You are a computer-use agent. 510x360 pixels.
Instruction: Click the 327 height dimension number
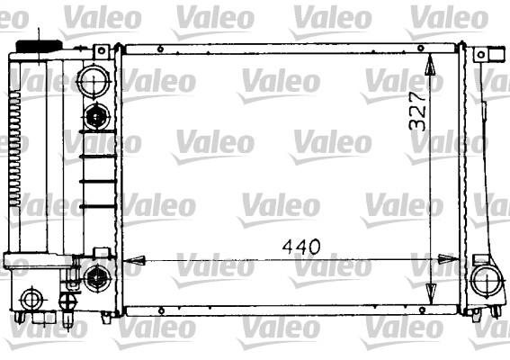pos(416,112)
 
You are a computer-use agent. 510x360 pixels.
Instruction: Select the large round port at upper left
pos(93,82)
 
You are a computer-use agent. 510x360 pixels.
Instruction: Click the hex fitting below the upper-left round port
pos(96,116)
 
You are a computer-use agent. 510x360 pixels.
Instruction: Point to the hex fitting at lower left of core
pos(96,275)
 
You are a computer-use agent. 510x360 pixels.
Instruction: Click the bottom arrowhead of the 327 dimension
pos(431,296)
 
